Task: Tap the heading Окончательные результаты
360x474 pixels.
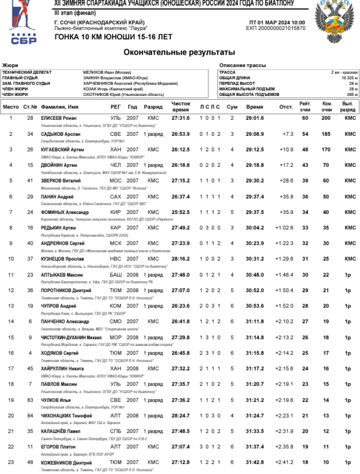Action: (x=180, y=52)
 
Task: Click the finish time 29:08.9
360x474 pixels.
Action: (x=254, y=134)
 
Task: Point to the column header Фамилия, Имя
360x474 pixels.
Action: (x=60, y=107)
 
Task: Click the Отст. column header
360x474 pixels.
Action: (x=286, y=107)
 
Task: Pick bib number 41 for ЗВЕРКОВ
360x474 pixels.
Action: (x=30, y=181)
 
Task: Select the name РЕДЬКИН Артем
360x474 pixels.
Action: (x=58, y=228)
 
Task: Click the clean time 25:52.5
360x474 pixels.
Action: (x=180, y=212)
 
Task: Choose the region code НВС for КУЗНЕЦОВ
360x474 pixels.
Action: (x=116, y=259)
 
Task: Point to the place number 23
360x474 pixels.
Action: (x=11, y=463)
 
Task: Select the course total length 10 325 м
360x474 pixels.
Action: (x=349, y=78)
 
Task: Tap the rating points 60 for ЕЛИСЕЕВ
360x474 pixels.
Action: (x=305, y=118)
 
